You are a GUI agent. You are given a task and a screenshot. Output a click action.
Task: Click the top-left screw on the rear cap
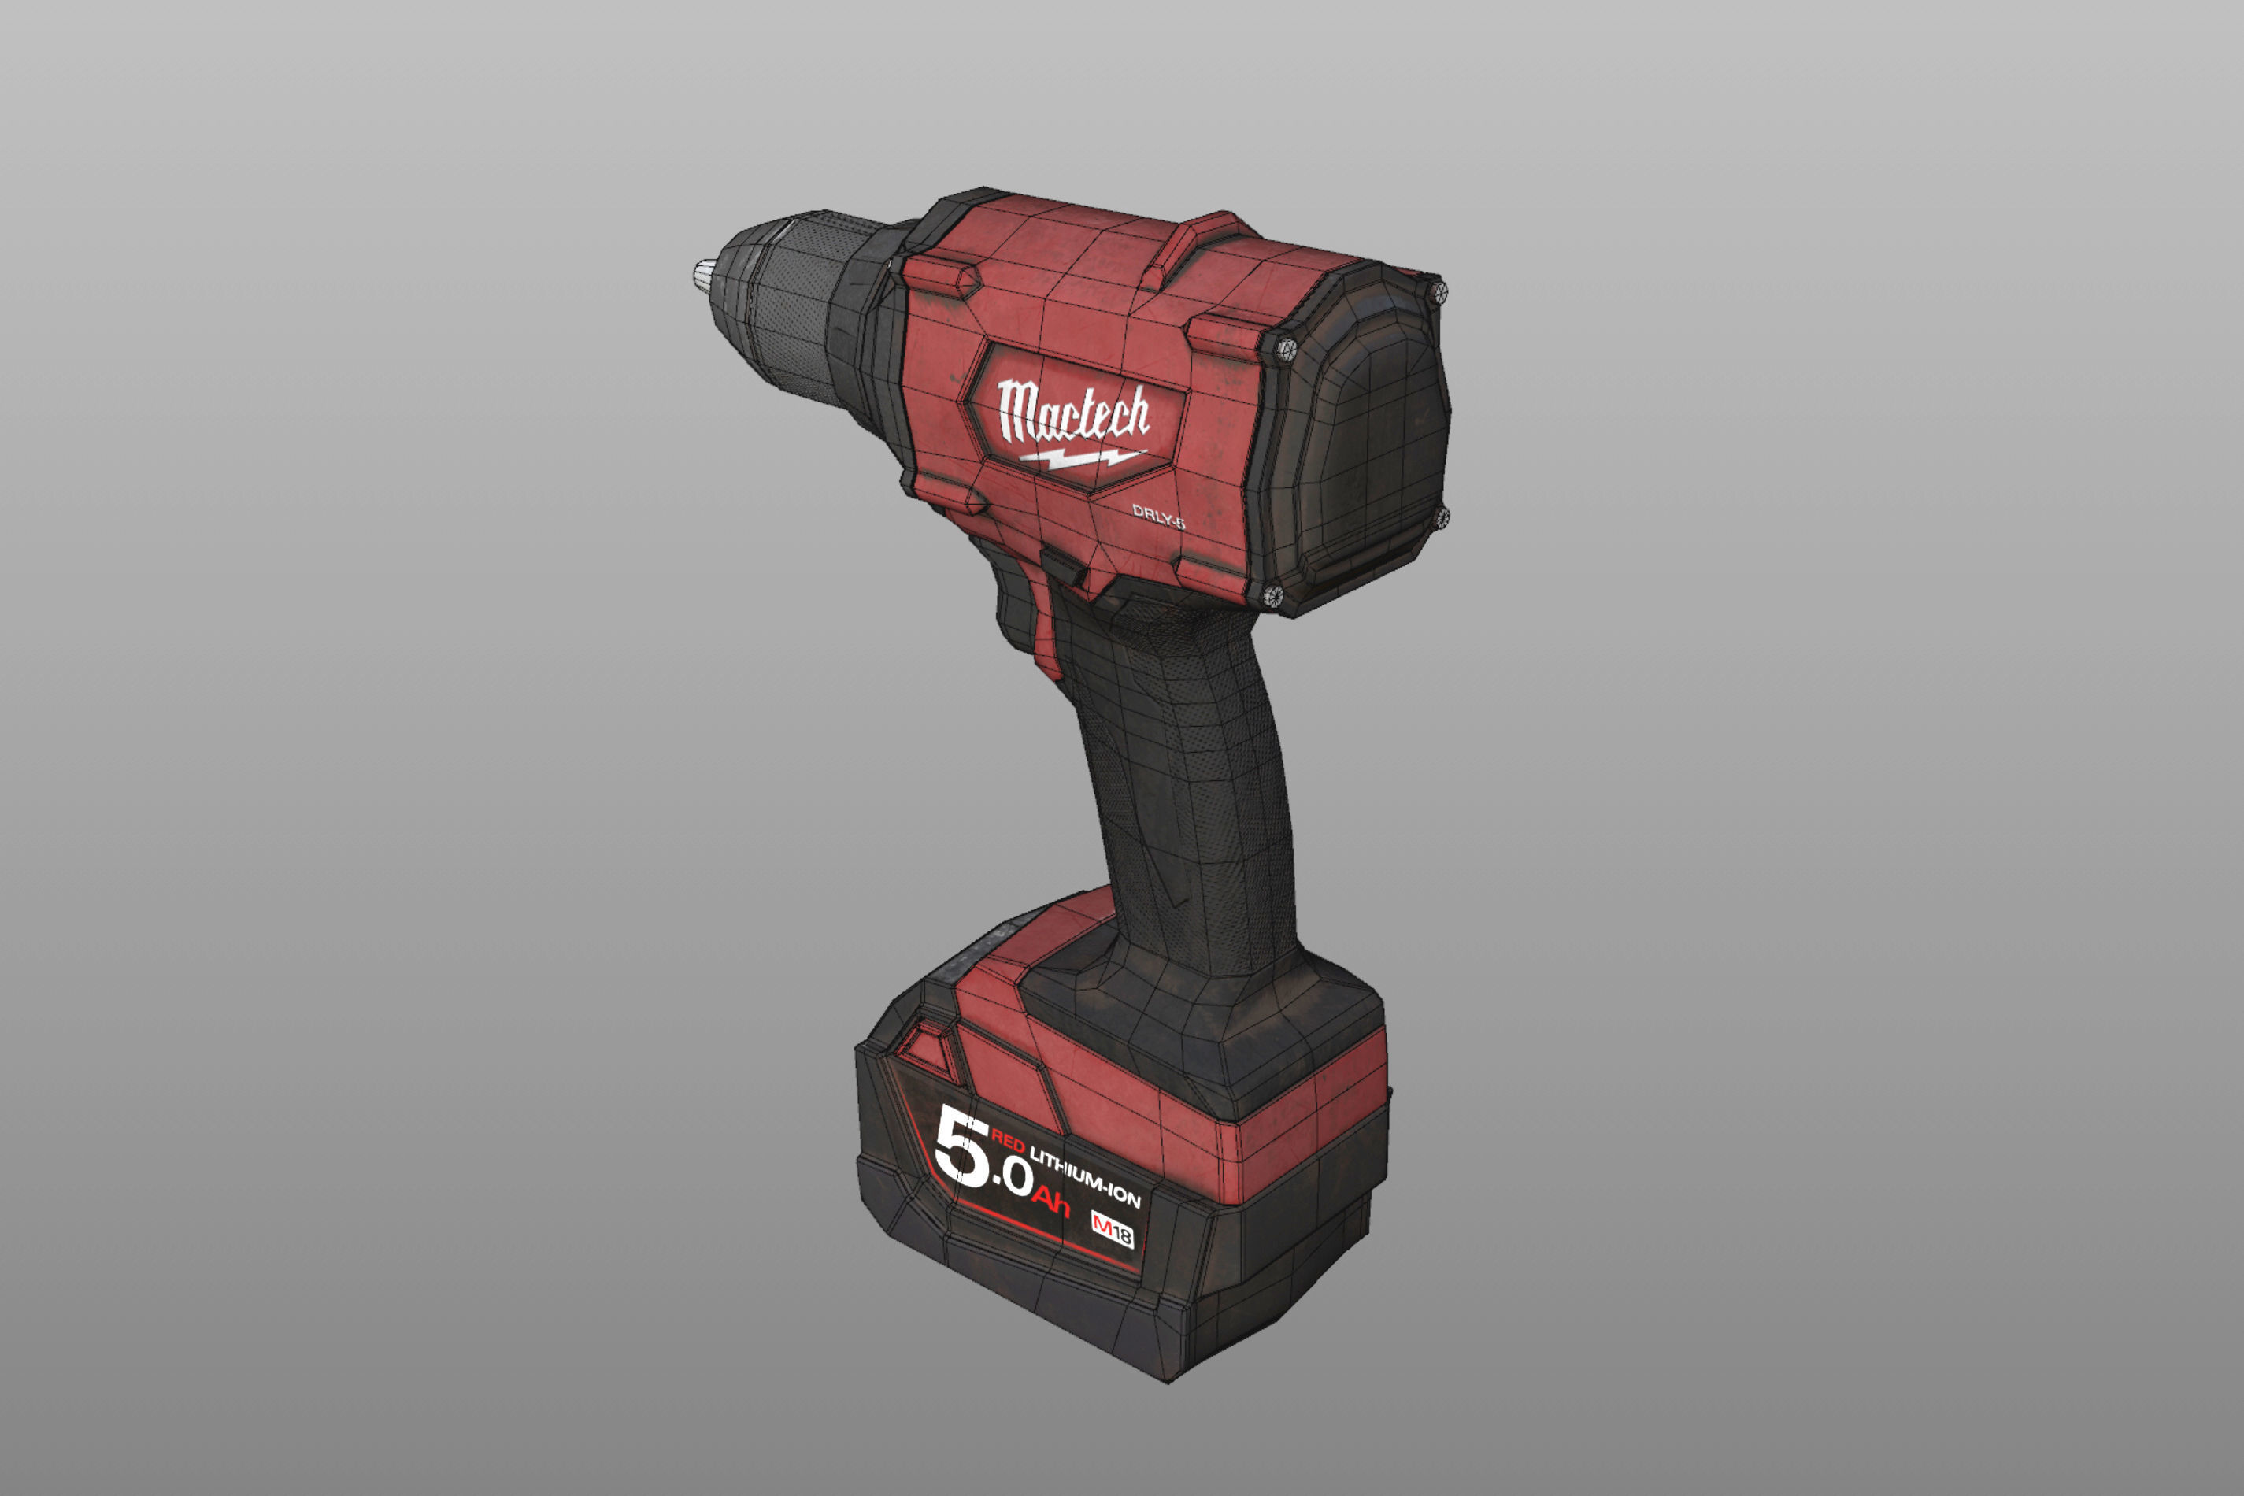click(x=1285, y=349)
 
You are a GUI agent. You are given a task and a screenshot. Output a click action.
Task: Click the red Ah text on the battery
click(x=1050, y=1202)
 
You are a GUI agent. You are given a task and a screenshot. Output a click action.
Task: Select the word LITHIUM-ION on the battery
click(x=1085, y=1176)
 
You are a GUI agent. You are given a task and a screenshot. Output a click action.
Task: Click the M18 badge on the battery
click(x=1113, y=1231)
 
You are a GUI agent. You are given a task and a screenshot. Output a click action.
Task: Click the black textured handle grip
click(x=1202, y=811)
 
